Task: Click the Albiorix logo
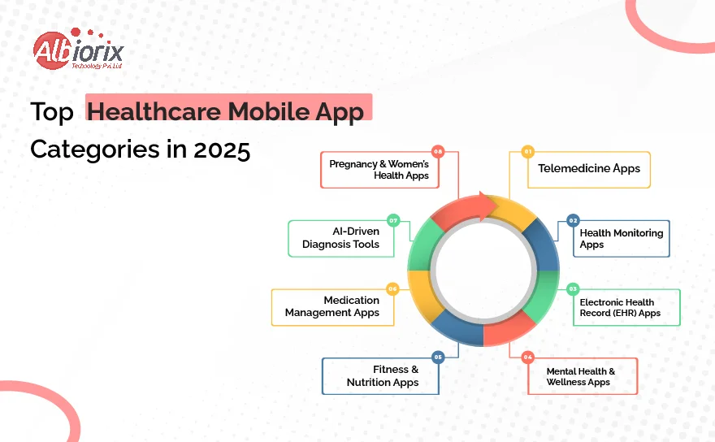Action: pos(78,49)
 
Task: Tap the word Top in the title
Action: pos(52,113)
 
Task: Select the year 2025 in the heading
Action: pos(222,149)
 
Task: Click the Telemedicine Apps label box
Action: pos(589,170)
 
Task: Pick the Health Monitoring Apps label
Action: pos(621,239)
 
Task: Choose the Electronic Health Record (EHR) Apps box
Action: pos(626,307)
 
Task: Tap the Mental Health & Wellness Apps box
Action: pos(583,376)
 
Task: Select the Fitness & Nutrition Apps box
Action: pos(380,376)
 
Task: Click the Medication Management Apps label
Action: pos(333,307)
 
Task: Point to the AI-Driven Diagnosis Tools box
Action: pos(341,239)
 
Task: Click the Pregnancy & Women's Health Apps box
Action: pos(380,170)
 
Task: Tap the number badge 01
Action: pos(527,151)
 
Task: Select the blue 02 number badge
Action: pos(573,220)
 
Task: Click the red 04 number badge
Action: pos(527,357)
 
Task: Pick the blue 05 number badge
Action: pos(438,357)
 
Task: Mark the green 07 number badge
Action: pos(393,220)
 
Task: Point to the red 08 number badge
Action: pos(438,151)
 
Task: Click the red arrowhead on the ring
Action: pos(488,206)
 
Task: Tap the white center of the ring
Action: pos(483,271)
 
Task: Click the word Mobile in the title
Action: pos(269,111)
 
